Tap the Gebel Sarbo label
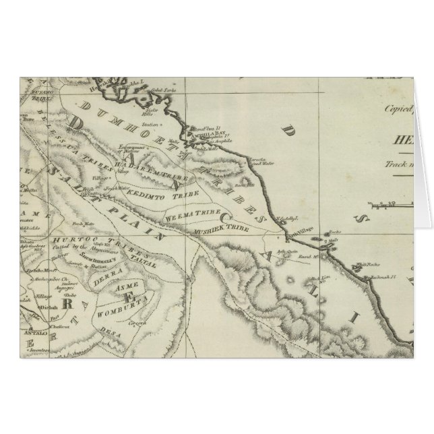[x=158, y=89]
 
